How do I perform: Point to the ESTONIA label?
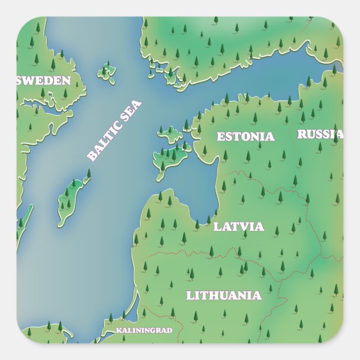click(x=245, y=136)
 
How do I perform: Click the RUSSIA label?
click(x=320, y=134)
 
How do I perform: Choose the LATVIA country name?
click(x=239, y=227)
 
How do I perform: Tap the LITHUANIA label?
click(x=224, y=295)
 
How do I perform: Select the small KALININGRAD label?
click(x=144, y=330)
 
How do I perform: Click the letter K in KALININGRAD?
click(x=119, y=330)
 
